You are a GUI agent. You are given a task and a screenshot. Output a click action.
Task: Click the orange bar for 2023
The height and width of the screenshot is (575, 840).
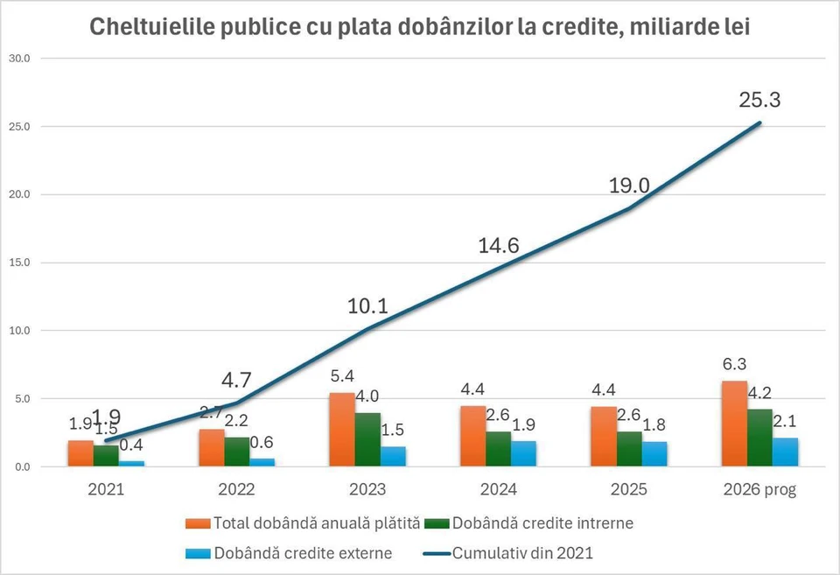pos(341,430)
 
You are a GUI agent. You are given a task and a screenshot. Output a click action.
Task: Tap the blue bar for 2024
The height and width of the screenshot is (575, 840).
pos(524,453)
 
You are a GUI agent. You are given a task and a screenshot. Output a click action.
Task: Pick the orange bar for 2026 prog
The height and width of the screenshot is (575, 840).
pos(735,424)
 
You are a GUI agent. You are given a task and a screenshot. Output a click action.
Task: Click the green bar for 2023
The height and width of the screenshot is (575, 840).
pos(367,439)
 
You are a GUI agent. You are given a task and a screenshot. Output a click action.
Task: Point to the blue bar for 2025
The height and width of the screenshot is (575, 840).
pos(654,454)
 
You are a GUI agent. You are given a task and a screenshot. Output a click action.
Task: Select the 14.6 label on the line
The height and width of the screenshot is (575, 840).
pos(499,246)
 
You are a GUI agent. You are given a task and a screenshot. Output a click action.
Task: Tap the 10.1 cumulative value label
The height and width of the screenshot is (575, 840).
pos(367,306)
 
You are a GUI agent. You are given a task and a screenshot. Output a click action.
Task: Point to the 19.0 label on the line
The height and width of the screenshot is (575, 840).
pos(630,186)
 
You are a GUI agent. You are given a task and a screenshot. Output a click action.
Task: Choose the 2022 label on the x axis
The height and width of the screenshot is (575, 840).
pos(236,490)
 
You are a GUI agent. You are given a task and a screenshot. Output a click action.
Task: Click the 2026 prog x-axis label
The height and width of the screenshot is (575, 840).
pos(759,490)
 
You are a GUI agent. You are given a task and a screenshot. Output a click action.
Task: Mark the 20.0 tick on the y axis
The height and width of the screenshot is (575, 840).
pos(18,194)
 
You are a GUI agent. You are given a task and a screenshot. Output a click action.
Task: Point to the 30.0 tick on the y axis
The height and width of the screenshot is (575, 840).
pos(18,59)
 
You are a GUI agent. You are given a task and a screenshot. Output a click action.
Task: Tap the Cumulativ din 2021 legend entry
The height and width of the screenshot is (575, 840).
pos(523,553)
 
